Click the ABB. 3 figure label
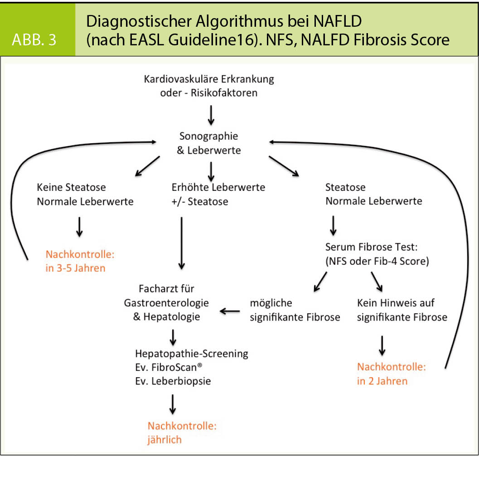[x=34, y=39]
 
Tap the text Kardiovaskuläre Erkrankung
[x=209, y=79]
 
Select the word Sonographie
[x=208, y=136]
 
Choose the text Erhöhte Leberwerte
[x=218, y=187]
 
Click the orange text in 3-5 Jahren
[x=75, y=268]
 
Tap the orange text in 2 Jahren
[x=382, y=380]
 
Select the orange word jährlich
[x=165, y=440]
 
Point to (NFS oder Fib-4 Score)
[x=377, y=261]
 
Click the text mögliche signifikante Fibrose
[x=295, y=310]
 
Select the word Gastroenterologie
[x=166, y=302]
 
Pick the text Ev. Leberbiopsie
[x=173, y=381]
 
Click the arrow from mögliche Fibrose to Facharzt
[x=230, y=311]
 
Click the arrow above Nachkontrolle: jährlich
[x=172, y=404]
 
